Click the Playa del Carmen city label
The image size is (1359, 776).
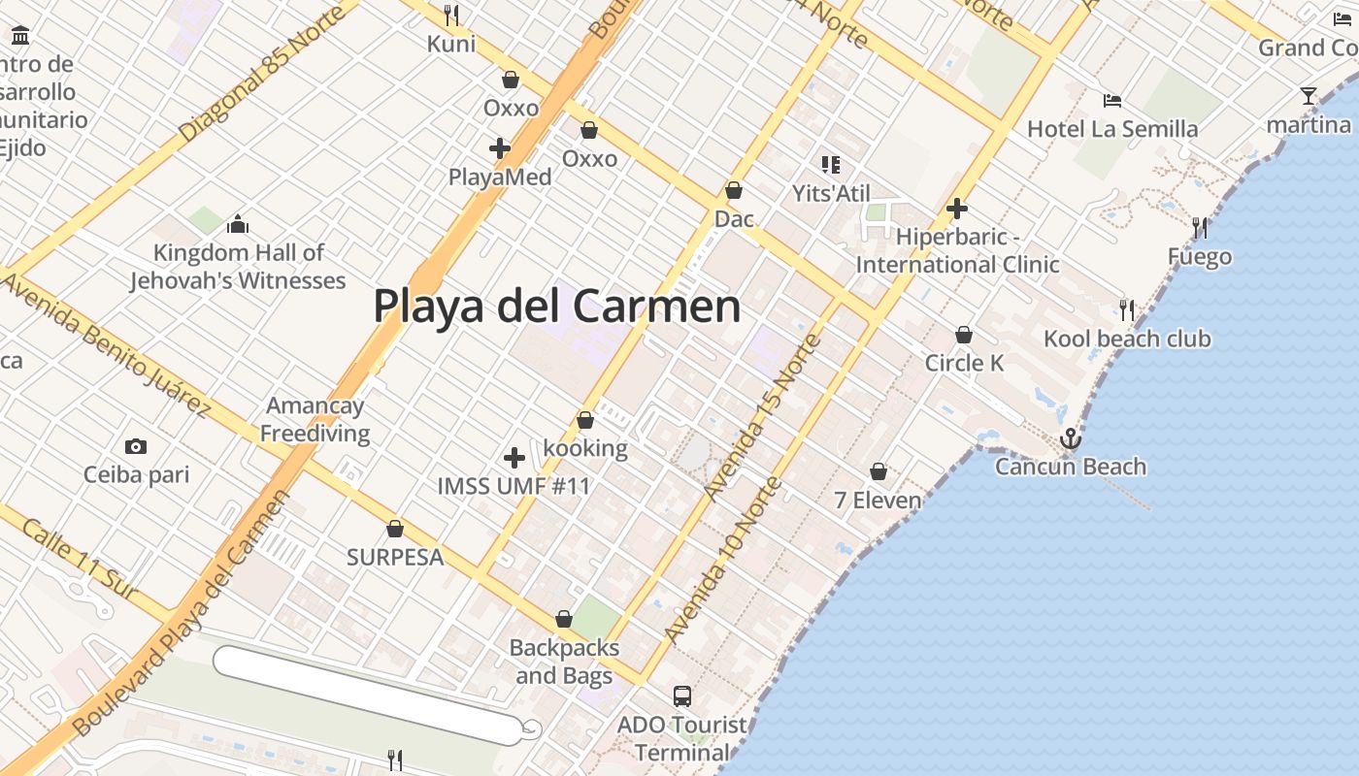coord(557,307)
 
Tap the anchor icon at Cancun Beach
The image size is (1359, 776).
coord(1070,438)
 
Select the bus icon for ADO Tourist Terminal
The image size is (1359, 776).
coord(682,695)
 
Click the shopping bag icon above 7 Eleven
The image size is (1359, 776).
coord(878,471)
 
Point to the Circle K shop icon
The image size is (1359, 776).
coord(964,335)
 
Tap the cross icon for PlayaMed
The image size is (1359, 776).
coord(500,148)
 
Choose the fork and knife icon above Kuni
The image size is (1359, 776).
coord(451,16)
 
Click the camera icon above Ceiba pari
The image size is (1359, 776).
coord(136,446)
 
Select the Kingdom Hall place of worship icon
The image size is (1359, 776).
coord(238,225)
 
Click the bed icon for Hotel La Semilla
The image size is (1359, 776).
coord(1112,100)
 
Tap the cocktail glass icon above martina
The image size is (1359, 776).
coord(1309,96)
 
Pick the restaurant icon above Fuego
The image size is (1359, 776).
coord(1200,228)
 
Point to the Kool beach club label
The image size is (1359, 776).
coord(1127,339)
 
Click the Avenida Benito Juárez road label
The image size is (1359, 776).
coord(107,344)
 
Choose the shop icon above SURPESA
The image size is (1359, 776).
coord(395,529)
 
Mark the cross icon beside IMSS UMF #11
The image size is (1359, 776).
coord(514,458)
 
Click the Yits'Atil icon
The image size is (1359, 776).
coord(830,164)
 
